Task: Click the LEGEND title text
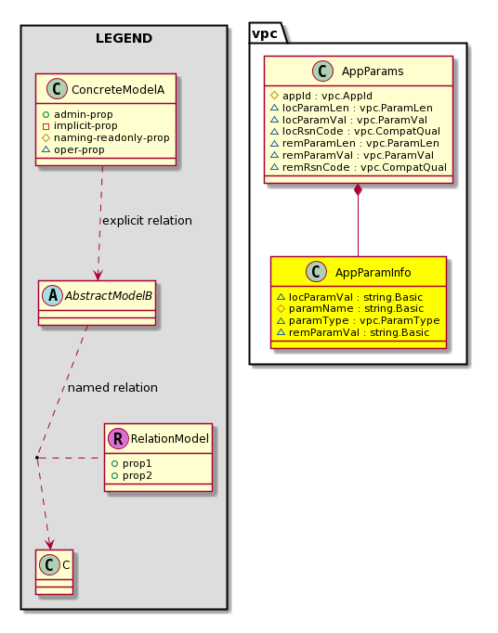tap(124, 38)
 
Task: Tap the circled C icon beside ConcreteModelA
tap(57, 89)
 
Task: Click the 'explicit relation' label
tap(147, 220)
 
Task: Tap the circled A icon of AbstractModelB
tap(53, 295)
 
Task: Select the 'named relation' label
tap(112, 388)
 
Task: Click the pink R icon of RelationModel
tap(118, 438)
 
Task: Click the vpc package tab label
tap(265, 34)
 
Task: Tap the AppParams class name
tap(373, 71)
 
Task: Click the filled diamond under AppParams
tap(358, 189)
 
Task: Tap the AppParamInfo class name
tap(373, 273)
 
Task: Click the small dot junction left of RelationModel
tap(37, 458)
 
